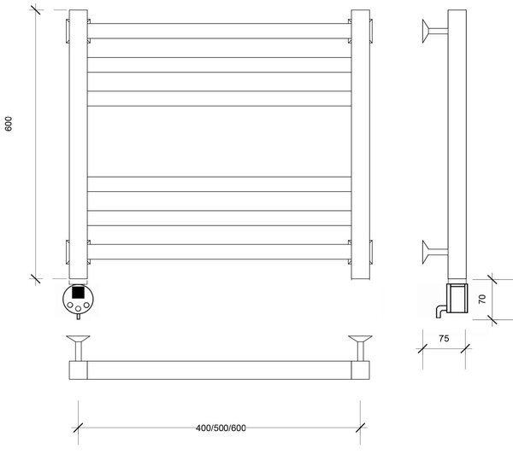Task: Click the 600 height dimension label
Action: click(9, 124)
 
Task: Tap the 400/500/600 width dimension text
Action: click(221, 428)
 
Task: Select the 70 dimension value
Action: click(482, 299)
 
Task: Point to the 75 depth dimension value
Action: click(444, 339)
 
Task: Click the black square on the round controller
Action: click(78, 292)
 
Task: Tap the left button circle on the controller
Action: click(70, 305)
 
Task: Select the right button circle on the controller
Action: click(86, 305)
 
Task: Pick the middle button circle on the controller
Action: click(78, 309)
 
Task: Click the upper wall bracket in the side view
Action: click(434, 31)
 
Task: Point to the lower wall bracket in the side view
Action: click(434, 252)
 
